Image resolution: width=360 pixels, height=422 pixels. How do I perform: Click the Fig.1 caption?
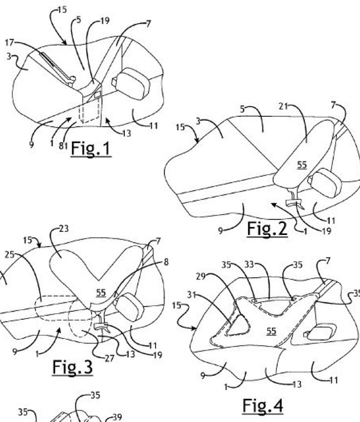tap(91, 149)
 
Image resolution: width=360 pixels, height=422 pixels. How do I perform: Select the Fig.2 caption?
tap(267, 229)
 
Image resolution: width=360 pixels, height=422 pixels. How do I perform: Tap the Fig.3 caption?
tap(72, 367)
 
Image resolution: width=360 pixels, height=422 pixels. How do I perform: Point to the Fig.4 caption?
tap(262, 406)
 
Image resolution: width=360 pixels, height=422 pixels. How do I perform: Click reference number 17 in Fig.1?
tap(9, 42)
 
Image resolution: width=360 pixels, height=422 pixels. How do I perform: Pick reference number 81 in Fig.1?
tap(63, 146)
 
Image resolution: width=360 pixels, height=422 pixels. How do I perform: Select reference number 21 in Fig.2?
tap(283, 106)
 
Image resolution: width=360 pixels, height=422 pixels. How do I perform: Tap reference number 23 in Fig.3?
tap(63, 229)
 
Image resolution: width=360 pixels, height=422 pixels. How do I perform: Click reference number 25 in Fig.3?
tap(9, 255)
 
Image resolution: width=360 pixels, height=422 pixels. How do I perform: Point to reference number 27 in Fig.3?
tap(109, 358)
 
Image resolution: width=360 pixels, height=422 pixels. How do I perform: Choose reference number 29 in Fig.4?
tap(200, 276)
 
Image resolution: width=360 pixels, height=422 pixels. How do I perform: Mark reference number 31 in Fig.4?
tap(191, 295)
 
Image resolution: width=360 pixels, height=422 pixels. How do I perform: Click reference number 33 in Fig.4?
tap(249, 265)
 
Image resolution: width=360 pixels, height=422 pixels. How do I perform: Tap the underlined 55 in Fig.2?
tap(302, 165)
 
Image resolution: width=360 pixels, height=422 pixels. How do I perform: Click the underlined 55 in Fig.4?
tap(271, 331)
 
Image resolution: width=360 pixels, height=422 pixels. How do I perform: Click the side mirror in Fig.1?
tap(131, 81)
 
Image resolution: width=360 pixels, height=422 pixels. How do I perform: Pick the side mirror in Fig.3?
tap(129, 307)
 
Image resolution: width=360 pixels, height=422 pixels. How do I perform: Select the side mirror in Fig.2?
tap(325, 183)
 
